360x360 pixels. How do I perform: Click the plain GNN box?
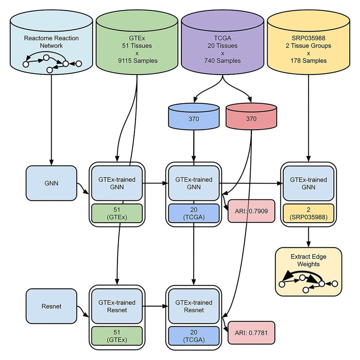51,183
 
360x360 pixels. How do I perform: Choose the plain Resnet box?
51,306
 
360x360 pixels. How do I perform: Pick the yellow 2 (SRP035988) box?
308,214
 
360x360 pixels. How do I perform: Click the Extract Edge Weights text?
308,260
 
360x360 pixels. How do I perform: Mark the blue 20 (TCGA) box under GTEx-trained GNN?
193,214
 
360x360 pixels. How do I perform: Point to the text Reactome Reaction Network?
51,42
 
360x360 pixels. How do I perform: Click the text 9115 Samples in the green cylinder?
137,61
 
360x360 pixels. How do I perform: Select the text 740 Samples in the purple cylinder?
222,61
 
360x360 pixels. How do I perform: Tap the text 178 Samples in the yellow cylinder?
308,61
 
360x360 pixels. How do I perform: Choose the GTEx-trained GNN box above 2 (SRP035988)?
308,183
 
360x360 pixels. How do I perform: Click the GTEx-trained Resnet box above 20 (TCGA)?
194,306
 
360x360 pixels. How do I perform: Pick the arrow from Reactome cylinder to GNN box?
51,119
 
